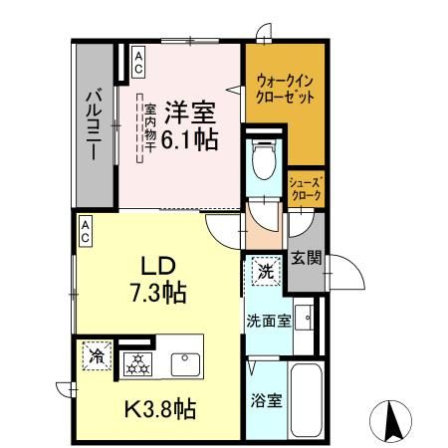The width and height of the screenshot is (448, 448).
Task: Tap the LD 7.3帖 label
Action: tap(157, 281)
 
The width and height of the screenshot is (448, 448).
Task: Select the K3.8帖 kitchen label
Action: tap(159, 407)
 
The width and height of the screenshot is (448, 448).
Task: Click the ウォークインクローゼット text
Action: tap(286, 91)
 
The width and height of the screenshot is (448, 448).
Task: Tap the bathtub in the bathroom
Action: tap(307, 399)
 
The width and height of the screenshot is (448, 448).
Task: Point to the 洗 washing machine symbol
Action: tap(266, 269)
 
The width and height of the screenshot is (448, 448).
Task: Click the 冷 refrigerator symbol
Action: tap(97, 355)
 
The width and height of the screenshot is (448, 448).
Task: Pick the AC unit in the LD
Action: tap(86, 231)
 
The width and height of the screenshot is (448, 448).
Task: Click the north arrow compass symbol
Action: tap(392, 419)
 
